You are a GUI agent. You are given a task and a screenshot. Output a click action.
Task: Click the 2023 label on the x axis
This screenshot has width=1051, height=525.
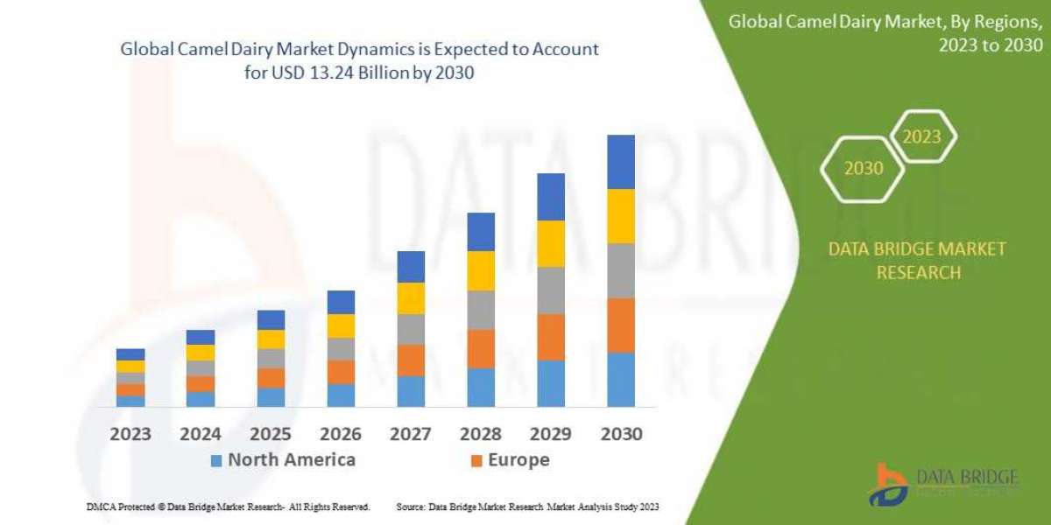click(130, 434)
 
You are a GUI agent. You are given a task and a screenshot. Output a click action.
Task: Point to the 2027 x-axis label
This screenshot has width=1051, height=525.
click(411, 434)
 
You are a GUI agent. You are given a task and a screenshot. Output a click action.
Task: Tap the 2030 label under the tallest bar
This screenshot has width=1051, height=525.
click(621, 434)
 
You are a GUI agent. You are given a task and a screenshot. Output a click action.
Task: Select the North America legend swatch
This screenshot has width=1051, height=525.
click(216, 460)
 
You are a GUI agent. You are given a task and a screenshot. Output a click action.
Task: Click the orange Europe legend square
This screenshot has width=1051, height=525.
click(476, 460)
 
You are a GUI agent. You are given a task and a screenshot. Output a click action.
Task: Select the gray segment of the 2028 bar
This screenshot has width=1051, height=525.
click(481, 310)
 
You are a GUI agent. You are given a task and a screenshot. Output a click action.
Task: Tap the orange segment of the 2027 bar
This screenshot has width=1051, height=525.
click(411, 360)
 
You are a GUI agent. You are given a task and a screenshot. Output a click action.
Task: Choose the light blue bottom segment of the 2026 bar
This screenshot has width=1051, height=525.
click(341, 395)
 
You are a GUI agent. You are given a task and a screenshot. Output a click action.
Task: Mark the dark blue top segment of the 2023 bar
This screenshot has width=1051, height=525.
click(130, 354)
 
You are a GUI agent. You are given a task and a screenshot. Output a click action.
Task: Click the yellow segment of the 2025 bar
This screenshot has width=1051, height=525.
click(271, 339)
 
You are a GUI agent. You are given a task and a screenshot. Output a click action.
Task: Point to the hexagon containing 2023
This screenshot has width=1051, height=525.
click(921, 136)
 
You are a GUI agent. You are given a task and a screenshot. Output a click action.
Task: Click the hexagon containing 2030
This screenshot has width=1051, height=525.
click(864, 168)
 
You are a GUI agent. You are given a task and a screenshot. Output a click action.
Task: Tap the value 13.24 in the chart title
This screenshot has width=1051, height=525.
click(342, 73)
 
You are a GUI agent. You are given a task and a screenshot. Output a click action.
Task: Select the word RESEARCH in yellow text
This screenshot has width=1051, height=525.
click(918, 272)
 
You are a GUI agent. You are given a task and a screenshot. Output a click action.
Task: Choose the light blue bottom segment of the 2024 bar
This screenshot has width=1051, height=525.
click(201, 399)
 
